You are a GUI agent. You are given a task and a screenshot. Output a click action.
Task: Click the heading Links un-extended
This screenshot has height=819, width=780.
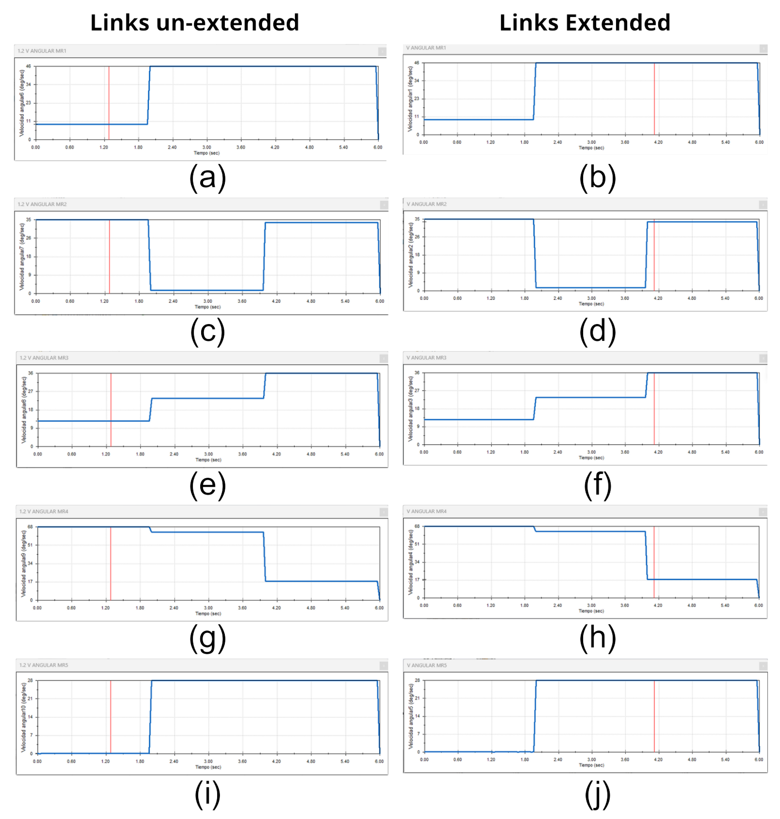coord(195,22)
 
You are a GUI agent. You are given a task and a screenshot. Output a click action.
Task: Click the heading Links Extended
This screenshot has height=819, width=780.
coord(585,22)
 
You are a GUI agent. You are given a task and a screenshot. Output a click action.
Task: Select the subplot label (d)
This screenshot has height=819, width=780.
coord(598,331)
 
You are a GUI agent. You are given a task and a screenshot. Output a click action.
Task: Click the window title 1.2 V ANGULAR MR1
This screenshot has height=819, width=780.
coord(42,51)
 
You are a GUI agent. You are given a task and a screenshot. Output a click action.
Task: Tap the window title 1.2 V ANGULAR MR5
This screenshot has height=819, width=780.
coord(44,665)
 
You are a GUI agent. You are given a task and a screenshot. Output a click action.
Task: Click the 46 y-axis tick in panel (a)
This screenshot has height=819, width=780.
coord(28,66)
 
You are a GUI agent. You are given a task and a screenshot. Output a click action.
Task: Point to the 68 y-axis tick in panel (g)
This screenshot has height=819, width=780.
coord(30,527)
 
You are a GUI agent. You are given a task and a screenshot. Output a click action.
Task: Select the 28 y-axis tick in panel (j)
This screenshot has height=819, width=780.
coord(417,680)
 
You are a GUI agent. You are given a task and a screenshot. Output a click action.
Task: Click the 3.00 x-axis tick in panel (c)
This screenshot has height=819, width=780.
coord(208,301)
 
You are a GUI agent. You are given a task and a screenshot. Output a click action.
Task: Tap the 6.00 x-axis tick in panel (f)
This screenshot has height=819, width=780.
coord(759,452)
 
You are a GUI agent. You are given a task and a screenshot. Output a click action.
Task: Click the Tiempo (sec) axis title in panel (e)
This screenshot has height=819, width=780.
coord(208,460)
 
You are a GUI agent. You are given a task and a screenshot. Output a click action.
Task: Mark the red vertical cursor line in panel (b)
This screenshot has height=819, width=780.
coord(654,100)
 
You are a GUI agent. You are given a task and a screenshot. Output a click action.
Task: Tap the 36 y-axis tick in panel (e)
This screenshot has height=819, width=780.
coord(30,373)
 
